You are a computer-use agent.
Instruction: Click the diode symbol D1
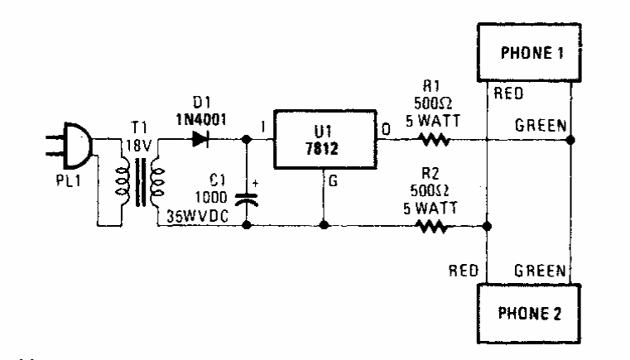(x=200, y=140)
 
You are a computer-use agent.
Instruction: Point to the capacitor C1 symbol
(x=246, y=199)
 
